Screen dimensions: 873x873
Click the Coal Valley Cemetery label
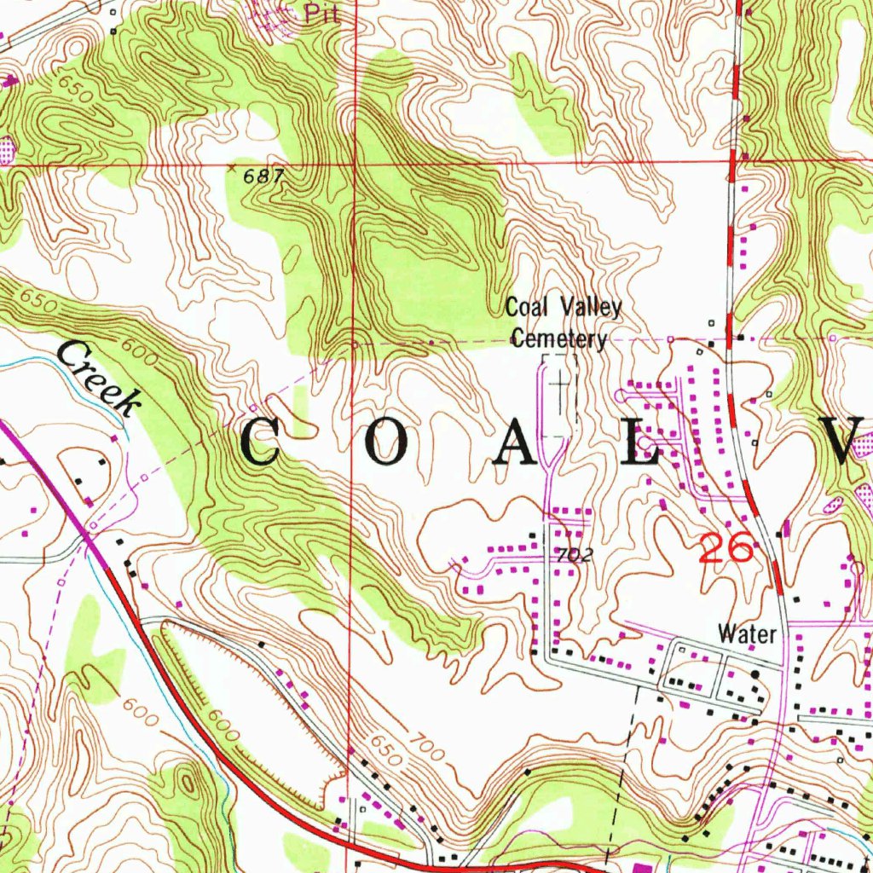pos(563,323)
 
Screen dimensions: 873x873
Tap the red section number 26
pos(726,548)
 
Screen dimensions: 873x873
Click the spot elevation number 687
pos(261,176)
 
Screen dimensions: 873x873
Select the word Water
pos(747,633)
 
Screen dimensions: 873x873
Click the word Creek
pos(99,378)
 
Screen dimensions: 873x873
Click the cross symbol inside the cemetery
pos(560,385)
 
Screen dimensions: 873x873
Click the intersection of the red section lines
pos(356,162)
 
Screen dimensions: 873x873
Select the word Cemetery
pos(559,339)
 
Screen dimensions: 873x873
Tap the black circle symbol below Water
pos(754,674)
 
